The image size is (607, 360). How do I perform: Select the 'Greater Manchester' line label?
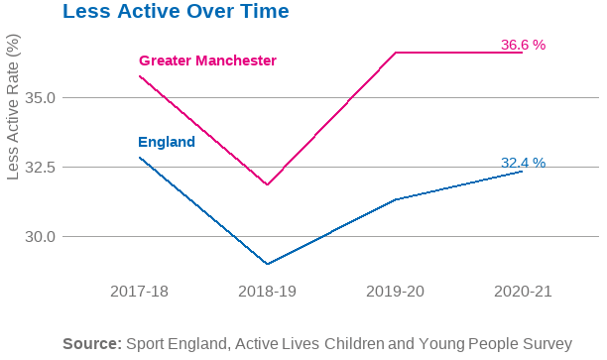click(x=207, y=60)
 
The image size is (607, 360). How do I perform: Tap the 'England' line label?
click(x=167, y=142)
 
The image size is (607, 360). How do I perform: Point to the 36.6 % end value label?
click(x=523, y=45)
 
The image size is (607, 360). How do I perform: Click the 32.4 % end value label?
click(x=523, y=163)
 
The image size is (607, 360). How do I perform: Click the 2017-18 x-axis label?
click(x=140, y=292)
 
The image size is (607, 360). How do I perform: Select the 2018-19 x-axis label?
click(x=267, y=292)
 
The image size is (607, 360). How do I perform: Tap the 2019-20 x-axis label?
click(x=395, y=292)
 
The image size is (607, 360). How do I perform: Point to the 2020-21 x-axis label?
click(x=522, y=292)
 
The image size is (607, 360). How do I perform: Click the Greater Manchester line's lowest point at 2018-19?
click(x=267, y=184)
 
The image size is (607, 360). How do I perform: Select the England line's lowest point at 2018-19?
click(x=267, y=264)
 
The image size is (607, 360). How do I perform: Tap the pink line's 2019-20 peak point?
click(x=395, y=53)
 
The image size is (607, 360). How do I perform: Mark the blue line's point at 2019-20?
click(x=395, y=199)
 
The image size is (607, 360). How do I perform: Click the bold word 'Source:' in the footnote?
click(x=92, y=343)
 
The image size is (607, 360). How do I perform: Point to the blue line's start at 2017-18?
click(x=140, y=158)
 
